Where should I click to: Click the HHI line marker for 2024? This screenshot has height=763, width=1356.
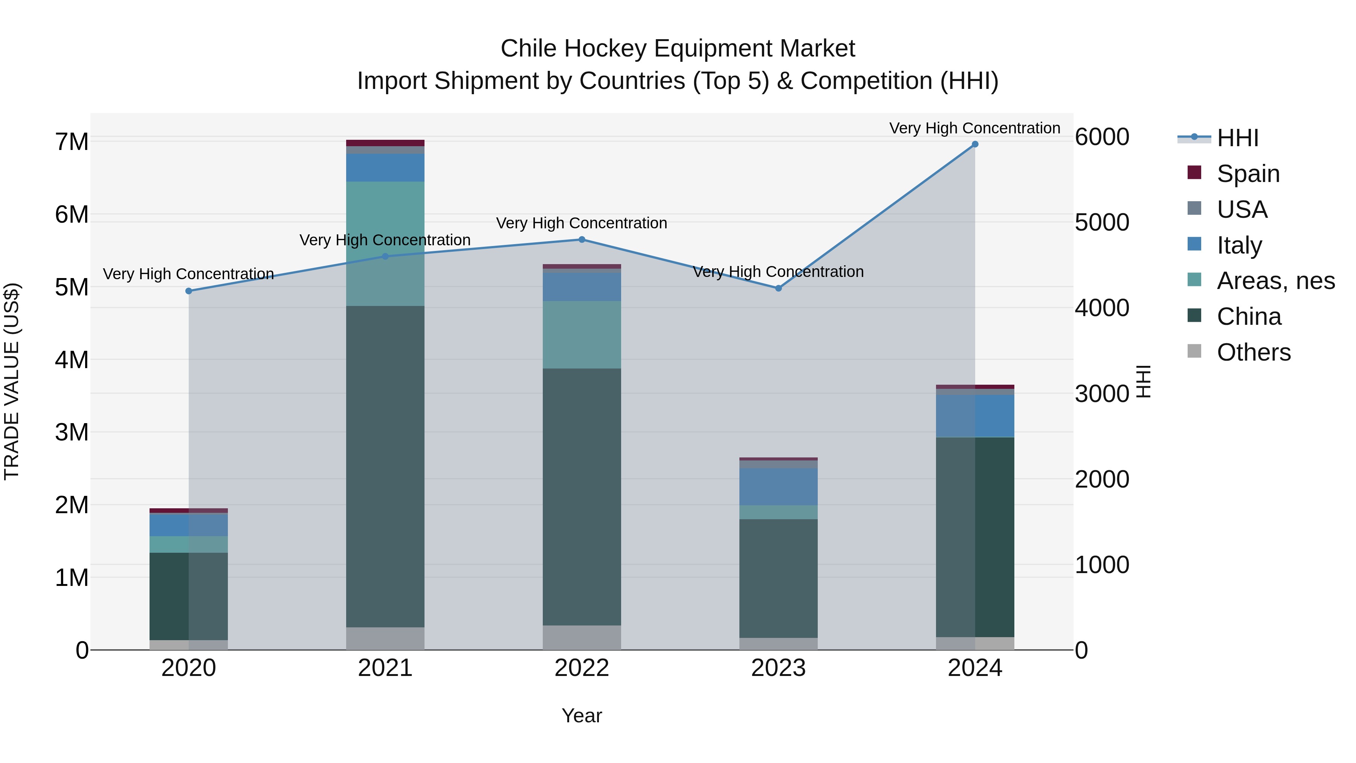click(975, 144)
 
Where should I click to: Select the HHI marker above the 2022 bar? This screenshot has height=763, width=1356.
click(582, 240)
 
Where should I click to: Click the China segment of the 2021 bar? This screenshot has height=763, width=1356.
click(385, 466)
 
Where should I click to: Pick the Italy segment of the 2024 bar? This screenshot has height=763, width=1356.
click(975, 416)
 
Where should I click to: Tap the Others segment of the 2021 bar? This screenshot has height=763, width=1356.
click(385, 638)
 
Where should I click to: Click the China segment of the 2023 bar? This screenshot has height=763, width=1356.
click(779, 578)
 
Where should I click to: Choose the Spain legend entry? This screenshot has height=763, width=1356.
click(1248, 174)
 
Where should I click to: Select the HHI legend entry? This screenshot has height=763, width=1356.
click(1237, 138)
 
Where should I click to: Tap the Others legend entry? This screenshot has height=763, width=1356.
click(1253, 352)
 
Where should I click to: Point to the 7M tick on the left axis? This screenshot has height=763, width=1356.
click(72, 142)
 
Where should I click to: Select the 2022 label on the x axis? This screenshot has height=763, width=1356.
click(582, 668)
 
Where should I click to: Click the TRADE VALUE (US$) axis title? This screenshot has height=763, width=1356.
click(12, 381)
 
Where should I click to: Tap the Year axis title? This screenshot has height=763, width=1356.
click(582, 716)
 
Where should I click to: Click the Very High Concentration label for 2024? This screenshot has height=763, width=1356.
click(975, 128)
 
